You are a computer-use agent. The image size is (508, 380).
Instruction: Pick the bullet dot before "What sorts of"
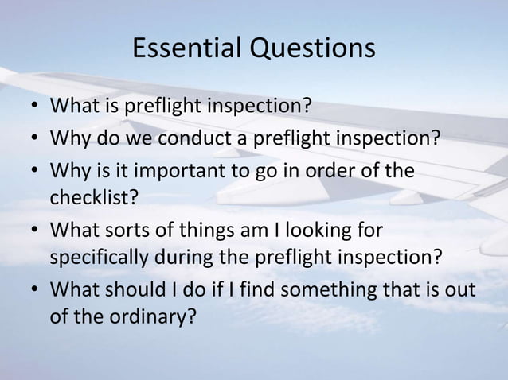(x=31, y=231)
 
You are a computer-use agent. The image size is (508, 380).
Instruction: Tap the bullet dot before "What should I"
(x=31, y=289)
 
